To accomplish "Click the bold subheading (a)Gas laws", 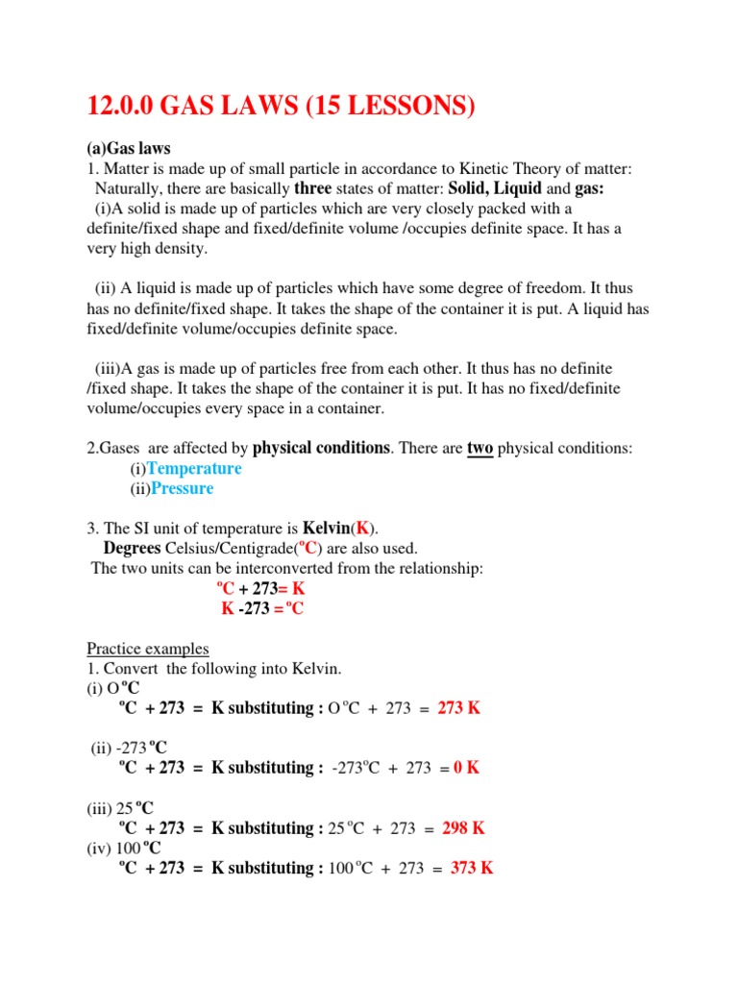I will (128, 149).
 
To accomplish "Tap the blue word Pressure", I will (183, 488).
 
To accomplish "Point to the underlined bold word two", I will (480, 448).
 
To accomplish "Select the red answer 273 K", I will (458, 708).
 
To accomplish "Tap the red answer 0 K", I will (466, 768).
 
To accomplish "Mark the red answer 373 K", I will (472, 868).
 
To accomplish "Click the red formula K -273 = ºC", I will (262, 608).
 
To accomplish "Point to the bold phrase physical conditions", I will (321, 448).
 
